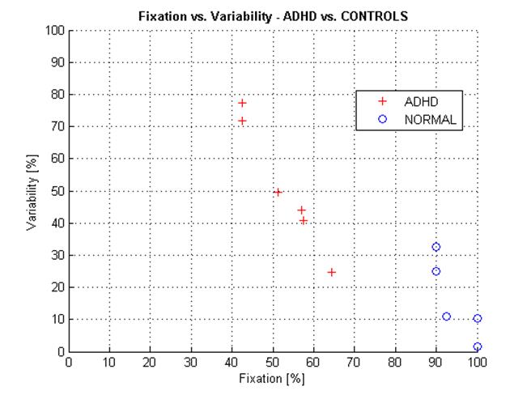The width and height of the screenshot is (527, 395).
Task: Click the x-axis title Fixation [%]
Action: pos(273,378)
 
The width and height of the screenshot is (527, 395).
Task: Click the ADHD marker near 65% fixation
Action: pos(332,272)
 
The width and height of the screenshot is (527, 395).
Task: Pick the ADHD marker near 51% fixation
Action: pos(278,193)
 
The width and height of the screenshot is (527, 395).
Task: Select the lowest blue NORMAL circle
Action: pos(478,347)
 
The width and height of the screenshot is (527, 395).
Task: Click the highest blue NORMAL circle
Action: pos(436,247)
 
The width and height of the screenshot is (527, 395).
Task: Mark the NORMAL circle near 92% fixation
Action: pos(446,316)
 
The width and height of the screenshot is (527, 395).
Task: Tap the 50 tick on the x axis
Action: pos(273,362)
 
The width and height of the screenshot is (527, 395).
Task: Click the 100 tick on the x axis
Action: pos(477,362)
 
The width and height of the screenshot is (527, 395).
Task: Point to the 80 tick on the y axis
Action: pos(57,95)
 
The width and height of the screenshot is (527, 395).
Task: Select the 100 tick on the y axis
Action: pos(54,31)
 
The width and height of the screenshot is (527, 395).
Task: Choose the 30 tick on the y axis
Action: pos(57,255)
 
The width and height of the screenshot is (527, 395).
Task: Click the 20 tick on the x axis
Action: pos(151,362)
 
